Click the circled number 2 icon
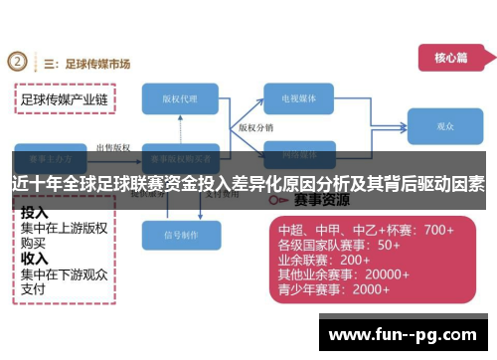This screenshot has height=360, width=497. (17, 62)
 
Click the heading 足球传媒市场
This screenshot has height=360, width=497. (97, 64)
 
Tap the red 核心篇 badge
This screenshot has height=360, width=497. (449, 57)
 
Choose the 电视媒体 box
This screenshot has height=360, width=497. (305, 98)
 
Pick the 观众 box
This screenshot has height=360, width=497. (444, 127)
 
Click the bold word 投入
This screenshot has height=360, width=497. (35, 213)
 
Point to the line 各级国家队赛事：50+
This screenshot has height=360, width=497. (339, 245)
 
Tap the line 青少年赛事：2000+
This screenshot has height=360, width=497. (333, 289)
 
